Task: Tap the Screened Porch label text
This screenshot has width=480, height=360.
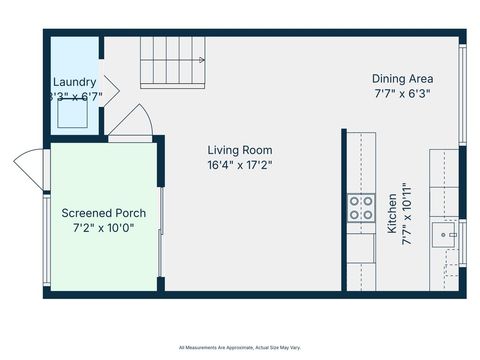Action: [104, 213]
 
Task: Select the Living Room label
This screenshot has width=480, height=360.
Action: [239, 150]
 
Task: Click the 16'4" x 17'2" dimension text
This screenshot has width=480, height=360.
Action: [239, 165]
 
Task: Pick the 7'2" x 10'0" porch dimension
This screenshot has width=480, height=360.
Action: [104, 228]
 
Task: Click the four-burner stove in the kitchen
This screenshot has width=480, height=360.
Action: [361, 208]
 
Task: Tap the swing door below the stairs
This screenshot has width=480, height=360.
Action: [131, 126]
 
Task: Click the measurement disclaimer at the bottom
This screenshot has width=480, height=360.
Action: [240, 347]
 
